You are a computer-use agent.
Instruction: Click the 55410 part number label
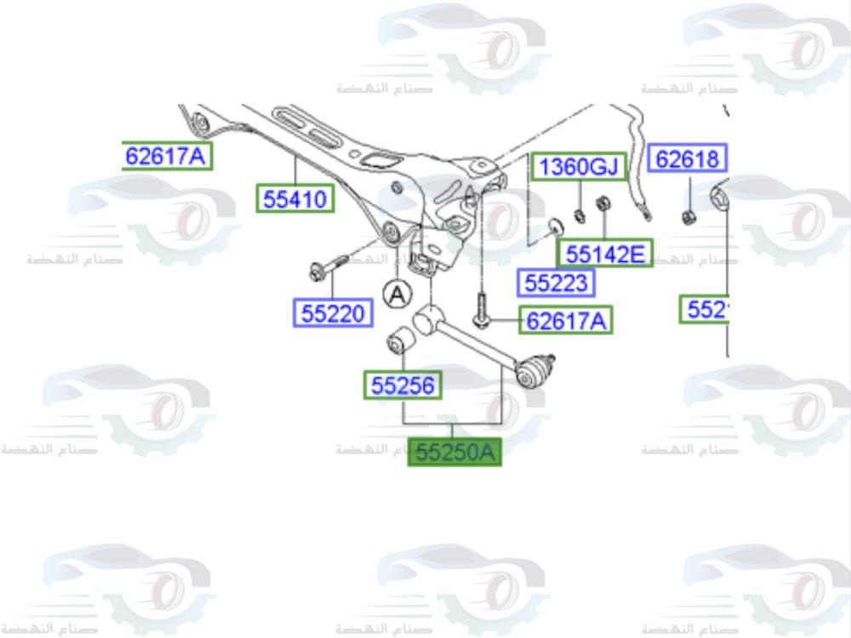point(295,199)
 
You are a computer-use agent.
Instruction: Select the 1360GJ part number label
point(579,167)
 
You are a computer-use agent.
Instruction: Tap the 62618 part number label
point(688,158)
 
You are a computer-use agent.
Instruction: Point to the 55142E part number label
point(605,253)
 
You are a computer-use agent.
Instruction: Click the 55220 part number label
point(332,313)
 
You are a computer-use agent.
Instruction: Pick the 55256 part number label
point(402,385)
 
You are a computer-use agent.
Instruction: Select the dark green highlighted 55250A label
point(454,452)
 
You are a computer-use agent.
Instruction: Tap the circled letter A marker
point(396,294)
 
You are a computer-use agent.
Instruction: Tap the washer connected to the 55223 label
point(557,227)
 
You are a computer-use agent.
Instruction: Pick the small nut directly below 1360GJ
point(580,212)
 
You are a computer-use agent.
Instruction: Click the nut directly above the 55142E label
point(604,205)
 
